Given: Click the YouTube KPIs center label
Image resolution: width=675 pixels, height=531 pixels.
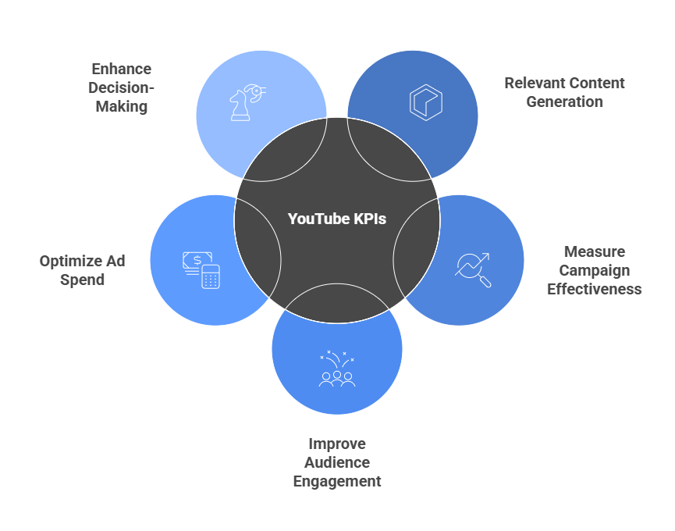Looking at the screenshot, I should click(337, 219).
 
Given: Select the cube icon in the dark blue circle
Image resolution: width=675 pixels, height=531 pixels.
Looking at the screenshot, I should click(425, 103).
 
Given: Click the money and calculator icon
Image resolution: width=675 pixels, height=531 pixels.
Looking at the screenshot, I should click(201, 269).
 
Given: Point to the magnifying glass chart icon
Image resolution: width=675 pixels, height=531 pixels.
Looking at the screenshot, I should click(473, 269).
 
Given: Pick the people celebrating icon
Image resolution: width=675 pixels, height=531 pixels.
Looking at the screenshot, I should click(337, 369).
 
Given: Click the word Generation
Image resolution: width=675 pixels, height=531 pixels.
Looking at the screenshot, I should click(564, 102).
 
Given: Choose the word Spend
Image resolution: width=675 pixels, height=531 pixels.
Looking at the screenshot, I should click(82, 280).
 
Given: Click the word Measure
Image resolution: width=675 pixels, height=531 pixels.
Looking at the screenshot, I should click(594, 251).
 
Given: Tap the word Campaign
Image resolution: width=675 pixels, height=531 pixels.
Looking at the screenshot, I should click(594, 270).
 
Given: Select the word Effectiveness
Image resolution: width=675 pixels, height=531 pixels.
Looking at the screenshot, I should click(594, 289).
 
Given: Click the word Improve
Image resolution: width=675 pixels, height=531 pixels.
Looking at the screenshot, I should click(336, 444).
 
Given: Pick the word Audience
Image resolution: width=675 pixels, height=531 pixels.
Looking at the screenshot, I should click(336, 462).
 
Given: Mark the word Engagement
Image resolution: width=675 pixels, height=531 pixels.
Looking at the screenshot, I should click(336, 481).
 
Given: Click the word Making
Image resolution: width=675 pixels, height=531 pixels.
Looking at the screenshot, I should click(121, 106).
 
